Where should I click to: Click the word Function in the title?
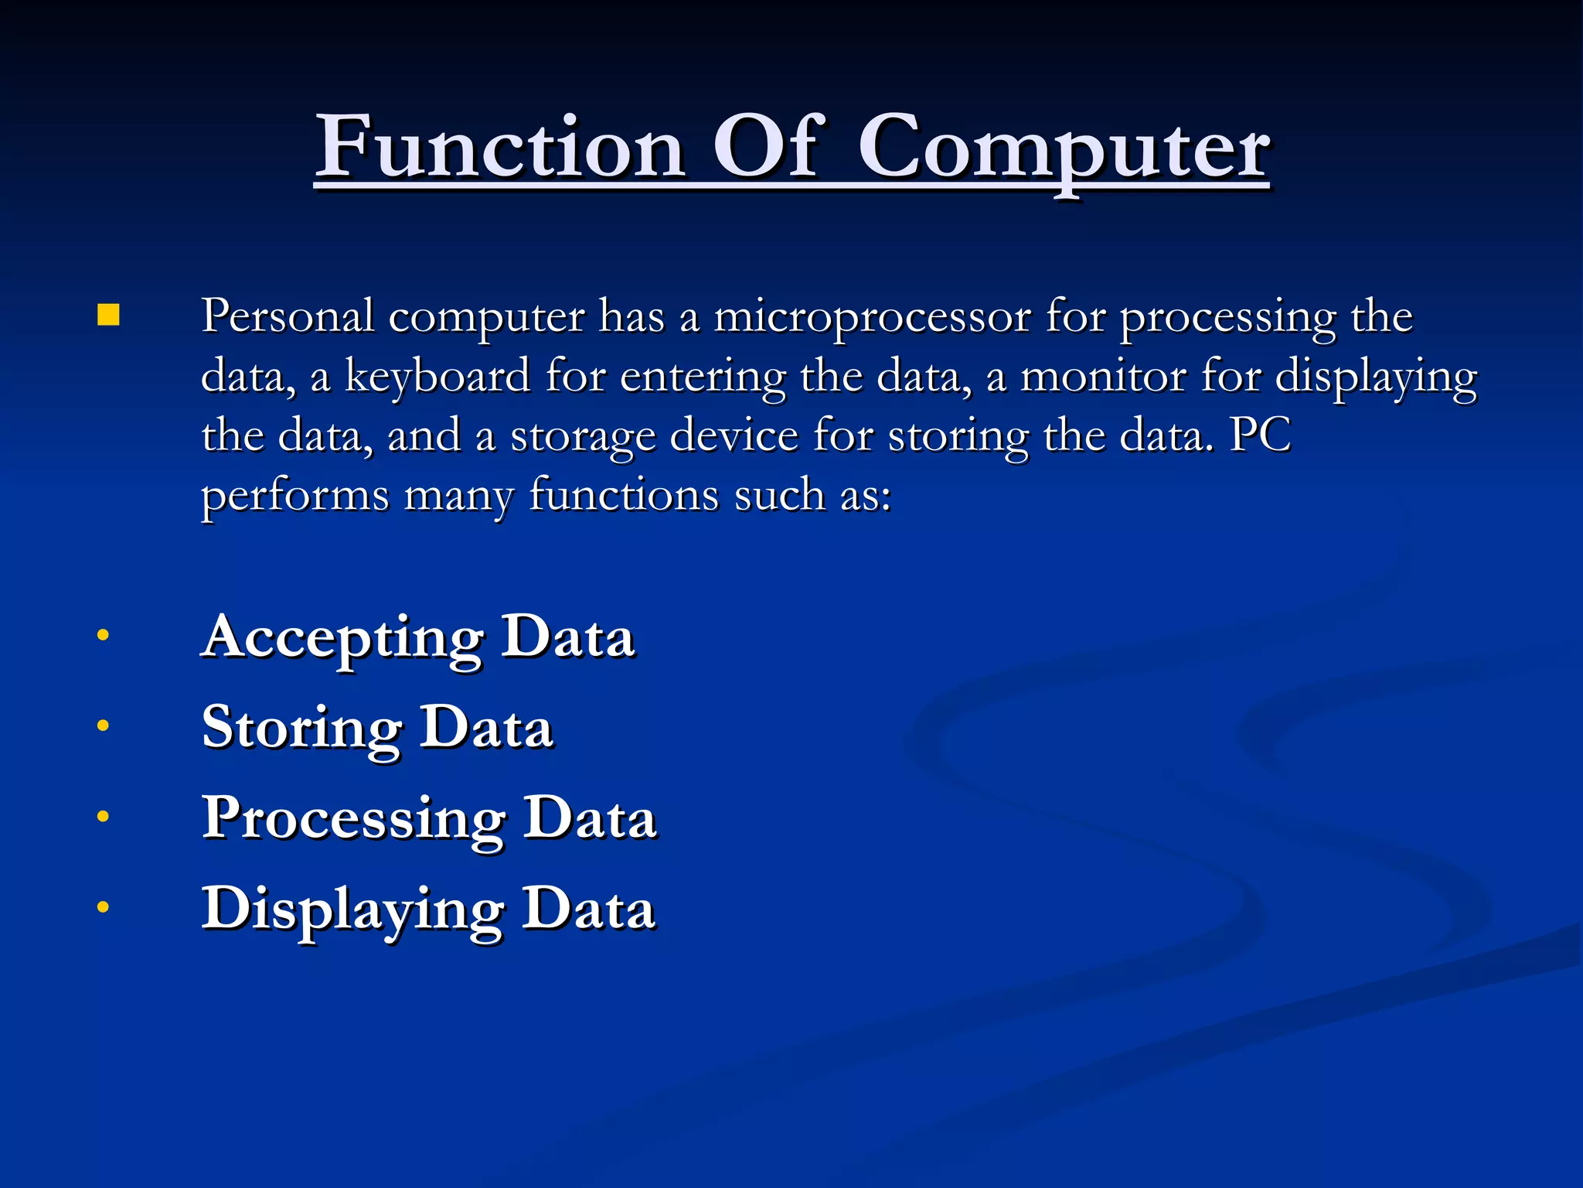500,147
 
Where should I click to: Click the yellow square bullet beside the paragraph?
109,316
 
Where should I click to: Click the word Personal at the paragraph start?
288,317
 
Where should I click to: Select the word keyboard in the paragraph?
437,377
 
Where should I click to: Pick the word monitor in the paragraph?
1103,377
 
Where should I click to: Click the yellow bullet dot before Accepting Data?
103,636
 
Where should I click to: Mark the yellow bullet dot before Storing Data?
103,725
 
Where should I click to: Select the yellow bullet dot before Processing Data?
103,816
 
